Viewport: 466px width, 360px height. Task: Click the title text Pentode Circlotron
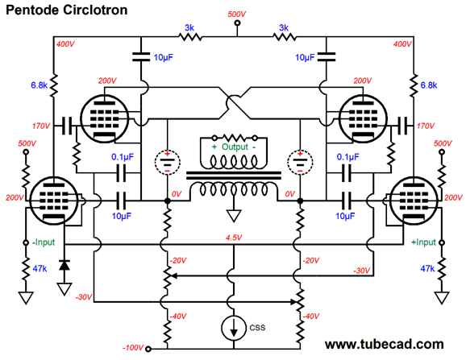67,10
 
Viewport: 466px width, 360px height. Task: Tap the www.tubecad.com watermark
385,344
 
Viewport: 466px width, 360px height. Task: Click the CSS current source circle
234,328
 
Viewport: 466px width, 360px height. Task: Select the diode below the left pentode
64,265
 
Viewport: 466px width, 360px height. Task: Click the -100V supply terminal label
133,348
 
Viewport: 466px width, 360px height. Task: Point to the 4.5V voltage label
234,238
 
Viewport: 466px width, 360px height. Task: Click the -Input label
44,242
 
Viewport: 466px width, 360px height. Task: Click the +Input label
423,242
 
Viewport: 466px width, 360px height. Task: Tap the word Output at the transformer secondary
235,147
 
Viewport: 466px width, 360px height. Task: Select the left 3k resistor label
189,27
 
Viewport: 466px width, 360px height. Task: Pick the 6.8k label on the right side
429,85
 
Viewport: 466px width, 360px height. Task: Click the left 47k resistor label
40,268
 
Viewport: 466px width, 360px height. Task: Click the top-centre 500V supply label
237,14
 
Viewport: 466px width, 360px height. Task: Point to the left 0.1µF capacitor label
123,157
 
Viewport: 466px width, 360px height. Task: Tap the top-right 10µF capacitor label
305,57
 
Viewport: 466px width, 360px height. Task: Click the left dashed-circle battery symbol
168,163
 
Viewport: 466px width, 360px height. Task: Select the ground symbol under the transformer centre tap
234,216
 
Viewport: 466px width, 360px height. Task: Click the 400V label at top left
65,44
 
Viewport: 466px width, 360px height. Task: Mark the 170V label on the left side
41,126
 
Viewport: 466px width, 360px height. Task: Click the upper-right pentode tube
363,118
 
